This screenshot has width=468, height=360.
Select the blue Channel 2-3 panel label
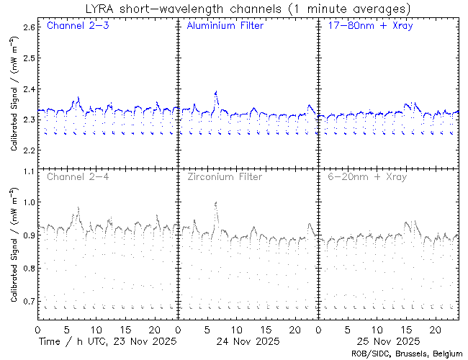click(77, 27)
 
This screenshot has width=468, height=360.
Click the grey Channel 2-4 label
click(77, 176)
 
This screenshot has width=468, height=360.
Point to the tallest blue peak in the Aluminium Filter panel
click(216, 92)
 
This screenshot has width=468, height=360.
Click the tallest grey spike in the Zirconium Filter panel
click(216, 203)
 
